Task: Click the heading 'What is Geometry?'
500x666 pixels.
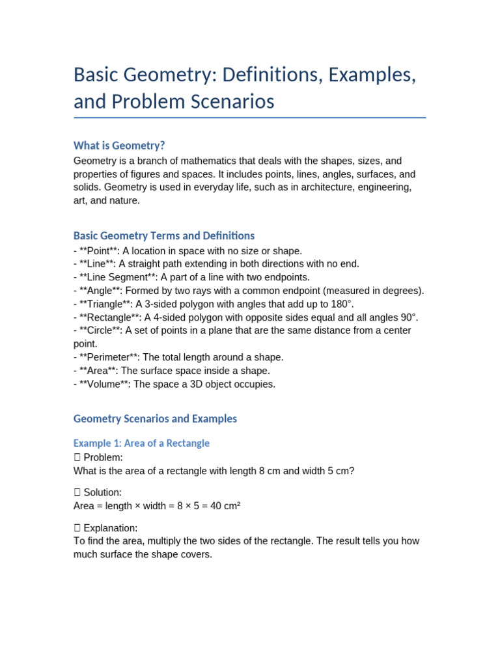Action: pyautogui.click(x=119, y=145)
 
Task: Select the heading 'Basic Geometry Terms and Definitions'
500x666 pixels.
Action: pyautogui.click(x=164, y=235)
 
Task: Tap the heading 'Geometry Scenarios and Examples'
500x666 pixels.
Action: pyautogui.click(x=155, y=419)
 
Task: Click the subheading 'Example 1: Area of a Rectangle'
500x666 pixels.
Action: pyautogui.click(x=141, y=443)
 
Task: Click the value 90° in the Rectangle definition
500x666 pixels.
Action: pyautogui.click(x=406, y=317)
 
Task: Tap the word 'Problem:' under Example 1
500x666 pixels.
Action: pyautogui.click(x=103, y=457)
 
